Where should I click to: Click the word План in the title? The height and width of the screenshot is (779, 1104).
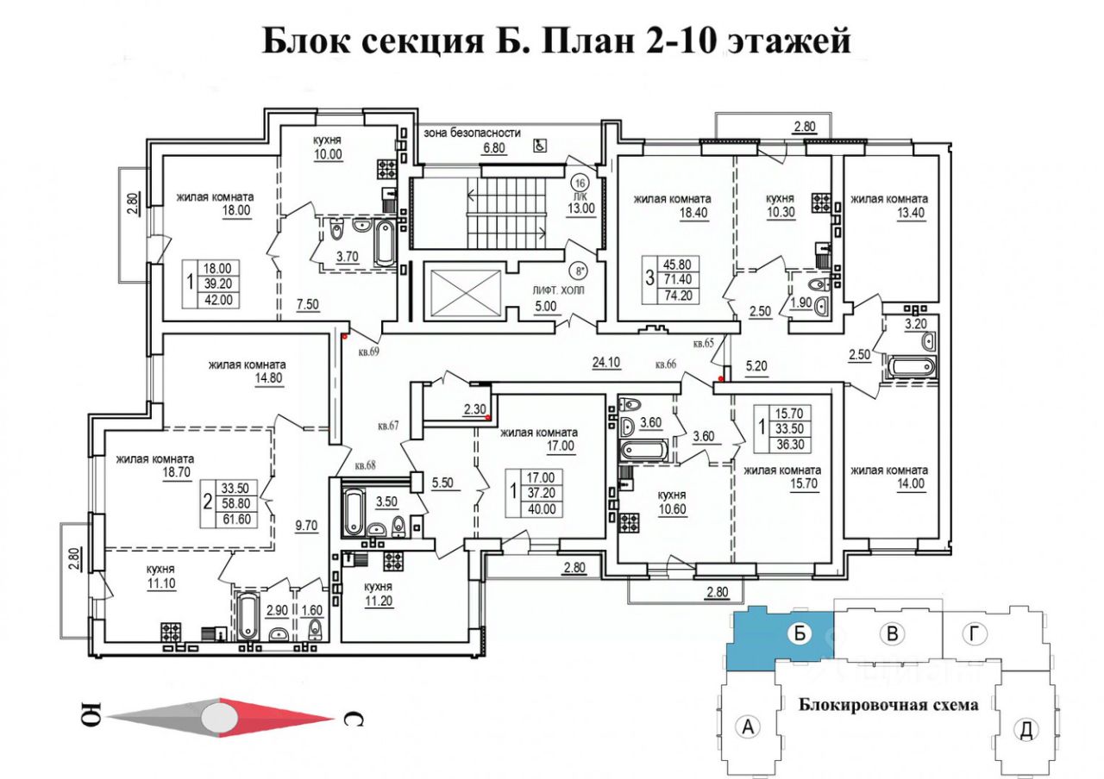pyautogui.click(x=590, y=41)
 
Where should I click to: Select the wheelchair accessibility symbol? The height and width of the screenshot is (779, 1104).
pyautogui.click(x=539, y=146)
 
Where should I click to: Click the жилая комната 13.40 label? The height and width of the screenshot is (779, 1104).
pyautogui.click(x=889, y=207)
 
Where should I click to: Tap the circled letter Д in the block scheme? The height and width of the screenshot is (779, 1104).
pyautogui.click(x=1026, y=730)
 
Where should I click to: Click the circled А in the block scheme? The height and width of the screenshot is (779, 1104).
pyautogui.click(x=749, y=727)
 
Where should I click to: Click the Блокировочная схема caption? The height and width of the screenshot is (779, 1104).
pyautogui.click(x=888, y=705)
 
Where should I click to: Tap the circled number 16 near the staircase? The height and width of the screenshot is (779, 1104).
pyautogui.click(x=580, y=183)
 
